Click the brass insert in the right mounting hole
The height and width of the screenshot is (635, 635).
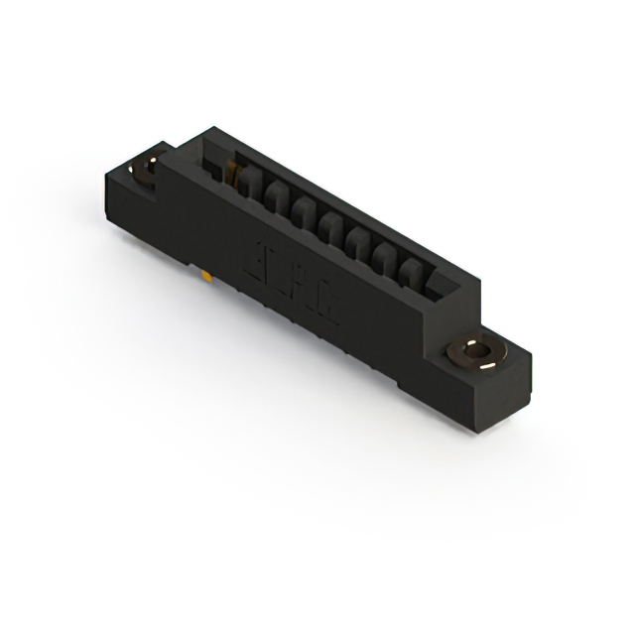[480, 352]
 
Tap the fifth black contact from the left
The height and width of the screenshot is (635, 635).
[356, 244]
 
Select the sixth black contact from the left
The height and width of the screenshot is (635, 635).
[382, 258]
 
